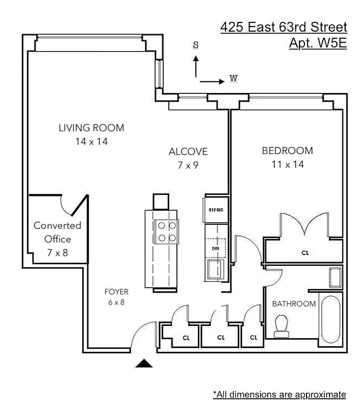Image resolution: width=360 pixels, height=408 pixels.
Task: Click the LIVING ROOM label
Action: (91, 127)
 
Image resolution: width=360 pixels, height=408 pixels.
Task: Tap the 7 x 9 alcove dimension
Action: (188, 165)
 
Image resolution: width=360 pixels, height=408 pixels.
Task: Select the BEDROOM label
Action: (287, 151)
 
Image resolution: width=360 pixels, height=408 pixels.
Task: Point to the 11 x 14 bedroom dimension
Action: (287, 164)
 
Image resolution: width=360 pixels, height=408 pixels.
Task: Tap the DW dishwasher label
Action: (215, 248)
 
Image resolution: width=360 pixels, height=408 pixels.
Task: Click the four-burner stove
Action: (165, 231)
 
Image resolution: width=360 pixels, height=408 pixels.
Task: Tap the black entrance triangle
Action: (145, 363)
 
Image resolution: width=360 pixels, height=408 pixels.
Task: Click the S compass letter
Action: (195, 44)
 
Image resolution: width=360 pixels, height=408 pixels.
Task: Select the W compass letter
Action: (234, 79)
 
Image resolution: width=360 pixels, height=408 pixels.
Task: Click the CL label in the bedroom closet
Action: (305, 252)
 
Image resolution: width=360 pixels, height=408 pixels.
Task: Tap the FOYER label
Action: (116, 292)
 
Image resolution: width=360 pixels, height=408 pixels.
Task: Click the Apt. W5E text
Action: (318, 43)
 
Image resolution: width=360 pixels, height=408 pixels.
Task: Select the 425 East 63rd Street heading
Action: (284, 27)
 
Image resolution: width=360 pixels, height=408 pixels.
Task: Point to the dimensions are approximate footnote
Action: (279, 394)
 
